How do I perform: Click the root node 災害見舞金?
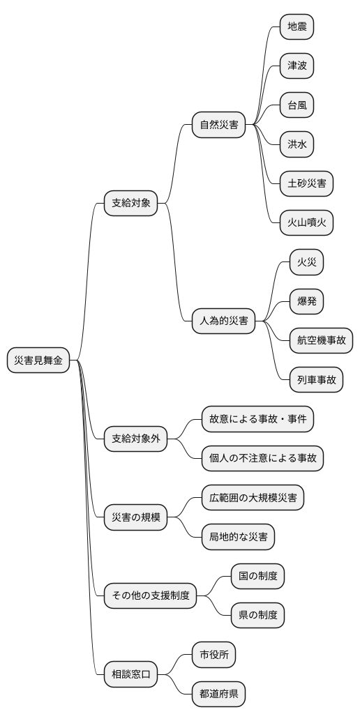coord(38,360)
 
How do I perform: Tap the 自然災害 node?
coord(218,126)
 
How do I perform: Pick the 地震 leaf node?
coord(297,27)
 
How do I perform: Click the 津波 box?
coord(297,66)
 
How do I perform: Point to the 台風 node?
coord(297,105)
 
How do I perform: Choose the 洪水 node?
coord(297,144)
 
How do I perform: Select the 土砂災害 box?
coord(306,184)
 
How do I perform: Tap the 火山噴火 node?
coord(306,223)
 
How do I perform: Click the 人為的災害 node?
coord(223,321)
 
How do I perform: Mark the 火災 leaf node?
coord(306,263)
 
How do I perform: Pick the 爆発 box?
coord(306,302)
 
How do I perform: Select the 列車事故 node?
coord(316,380)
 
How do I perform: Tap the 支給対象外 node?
coord(135,439)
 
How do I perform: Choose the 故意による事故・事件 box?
coord(257,419)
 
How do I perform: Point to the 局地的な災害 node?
coord(238,536)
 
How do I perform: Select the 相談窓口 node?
coord(130,674)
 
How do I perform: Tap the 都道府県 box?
coord(218,693)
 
